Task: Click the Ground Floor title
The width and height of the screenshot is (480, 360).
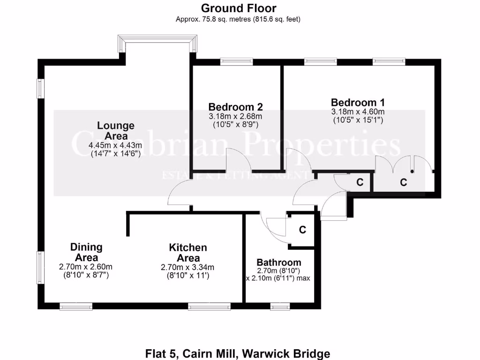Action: [x=239, y=8]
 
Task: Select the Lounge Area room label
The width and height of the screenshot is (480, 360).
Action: [x=115, y=131]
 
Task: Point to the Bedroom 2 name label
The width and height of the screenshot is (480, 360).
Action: [x=235, y=106]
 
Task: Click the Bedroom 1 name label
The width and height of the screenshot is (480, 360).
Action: [x=358, y=102]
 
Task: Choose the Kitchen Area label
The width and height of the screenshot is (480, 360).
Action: [x=187, y=253]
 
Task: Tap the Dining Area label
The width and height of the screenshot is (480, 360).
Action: [x=86, y=252]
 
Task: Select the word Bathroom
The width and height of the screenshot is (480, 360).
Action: [x=278, y=262]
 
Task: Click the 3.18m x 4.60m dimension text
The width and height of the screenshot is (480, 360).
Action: [x=358, y=112]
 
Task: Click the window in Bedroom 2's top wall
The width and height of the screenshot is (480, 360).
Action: [x=236, y=61]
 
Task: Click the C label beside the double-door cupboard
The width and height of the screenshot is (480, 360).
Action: [x=403, y=182]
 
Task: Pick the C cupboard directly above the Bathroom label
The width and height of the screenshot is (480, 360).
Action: [x=302, y=230]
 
